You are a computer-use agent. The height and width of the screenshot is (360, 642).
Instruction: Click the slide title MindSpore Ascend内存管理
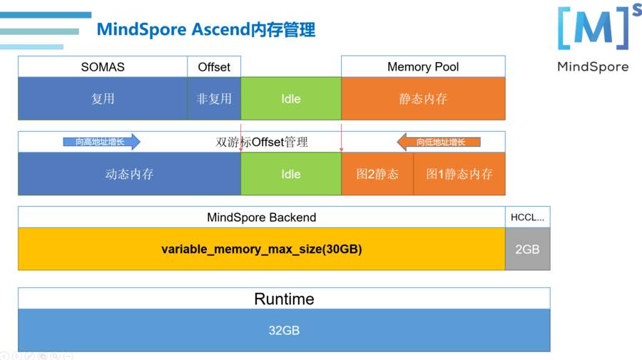[205, 30]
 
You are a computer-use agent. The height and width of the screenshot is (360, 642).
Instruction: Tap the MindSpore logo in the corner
[593, 38]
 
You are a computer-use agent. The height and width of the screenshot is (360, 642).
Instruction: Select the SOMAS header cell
[103, 67]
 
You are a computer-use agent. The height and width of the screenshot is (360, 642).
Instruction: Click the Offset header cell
[214, 67]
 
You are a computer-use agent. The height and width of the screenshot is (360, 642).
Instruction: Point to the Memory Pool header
[423, 67]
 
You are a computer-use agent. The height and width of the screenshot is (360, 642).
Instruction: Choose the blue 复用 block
[103, 98]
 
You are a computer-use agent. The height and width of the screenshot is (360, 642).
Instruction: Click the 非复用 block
[214, 98]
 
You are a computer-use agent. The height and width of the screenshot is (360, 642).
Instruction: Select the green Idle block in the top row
[291, 98]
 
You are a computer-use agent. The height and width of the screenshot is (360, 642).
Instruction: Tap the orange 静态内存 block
[423, 98]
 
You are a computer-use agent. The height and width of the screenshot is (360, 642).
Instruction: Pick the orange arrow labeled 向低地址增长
[439, 142]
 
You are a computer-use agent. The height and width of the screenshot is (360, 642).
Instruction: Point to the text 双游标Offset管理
[262, 142]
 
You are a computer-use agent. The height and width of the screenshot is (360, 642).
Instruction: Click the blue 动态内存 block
[129, 174]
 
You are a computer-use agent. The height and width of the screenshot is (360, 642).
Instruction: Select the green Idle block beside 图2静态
[291, 174]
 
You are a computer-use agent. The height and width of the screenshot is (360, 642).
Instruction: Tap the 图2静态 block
[377, 174]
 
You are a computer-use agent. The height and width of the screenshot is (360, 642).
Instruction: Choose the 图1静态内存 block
[459, 174]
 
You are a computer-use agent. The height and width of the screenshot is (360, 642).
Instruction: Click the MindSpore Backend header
[261, 217]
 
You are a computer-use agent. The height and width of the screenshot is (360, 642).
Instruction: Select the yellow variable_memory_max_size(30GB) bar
[261, 250]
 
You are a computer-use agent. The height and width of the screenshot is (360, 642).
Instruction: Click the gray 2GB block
[527, 250]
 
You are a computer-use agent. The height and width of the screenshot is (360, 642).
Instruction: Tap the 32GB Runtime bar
[284, 330]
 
